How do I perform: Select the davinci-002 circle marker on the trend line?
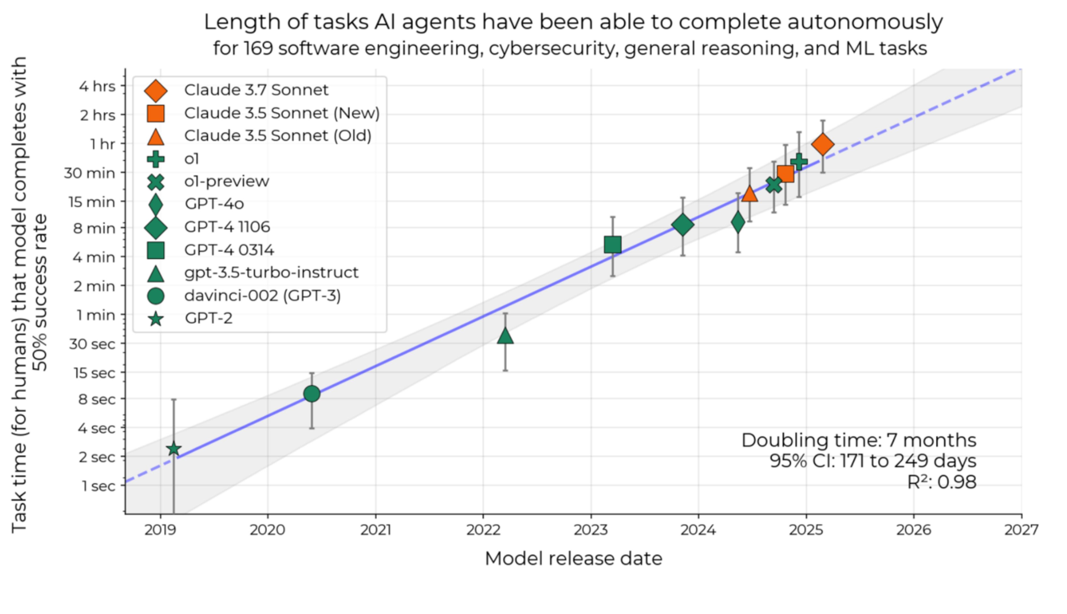(x=312, y=393)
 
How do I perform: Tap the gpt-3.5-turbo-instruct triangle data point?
(x=505, y=336)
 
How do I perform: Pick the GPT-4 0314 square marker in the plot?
(x=613, y=244)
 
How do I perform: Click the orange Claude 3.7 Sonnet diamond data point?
(x=823, y=144)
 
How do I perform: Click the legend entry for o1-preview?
(x=227, y=181)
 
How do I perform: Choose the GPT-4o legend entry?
(x=214, y=204)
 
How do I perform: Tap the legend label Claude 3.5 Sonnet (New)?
(x=282, y=113)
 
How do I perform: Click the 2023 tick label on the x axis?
(x=591, y=530)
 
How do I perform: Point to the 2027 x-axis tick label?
(x=1021, y=530)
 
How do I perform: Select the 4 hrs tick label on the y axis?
(x=97, y=86)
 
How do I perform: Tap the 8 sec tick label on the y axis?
(x=97, y=399)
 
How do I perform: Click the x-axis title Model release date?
(x=574, y=559)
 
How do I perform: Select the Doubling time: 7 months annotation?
(x=859, y=440)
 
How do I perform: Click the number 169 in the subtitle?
(x=258, y=48)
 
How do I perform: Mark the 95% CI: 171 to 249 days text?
(x=873, y=461)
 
